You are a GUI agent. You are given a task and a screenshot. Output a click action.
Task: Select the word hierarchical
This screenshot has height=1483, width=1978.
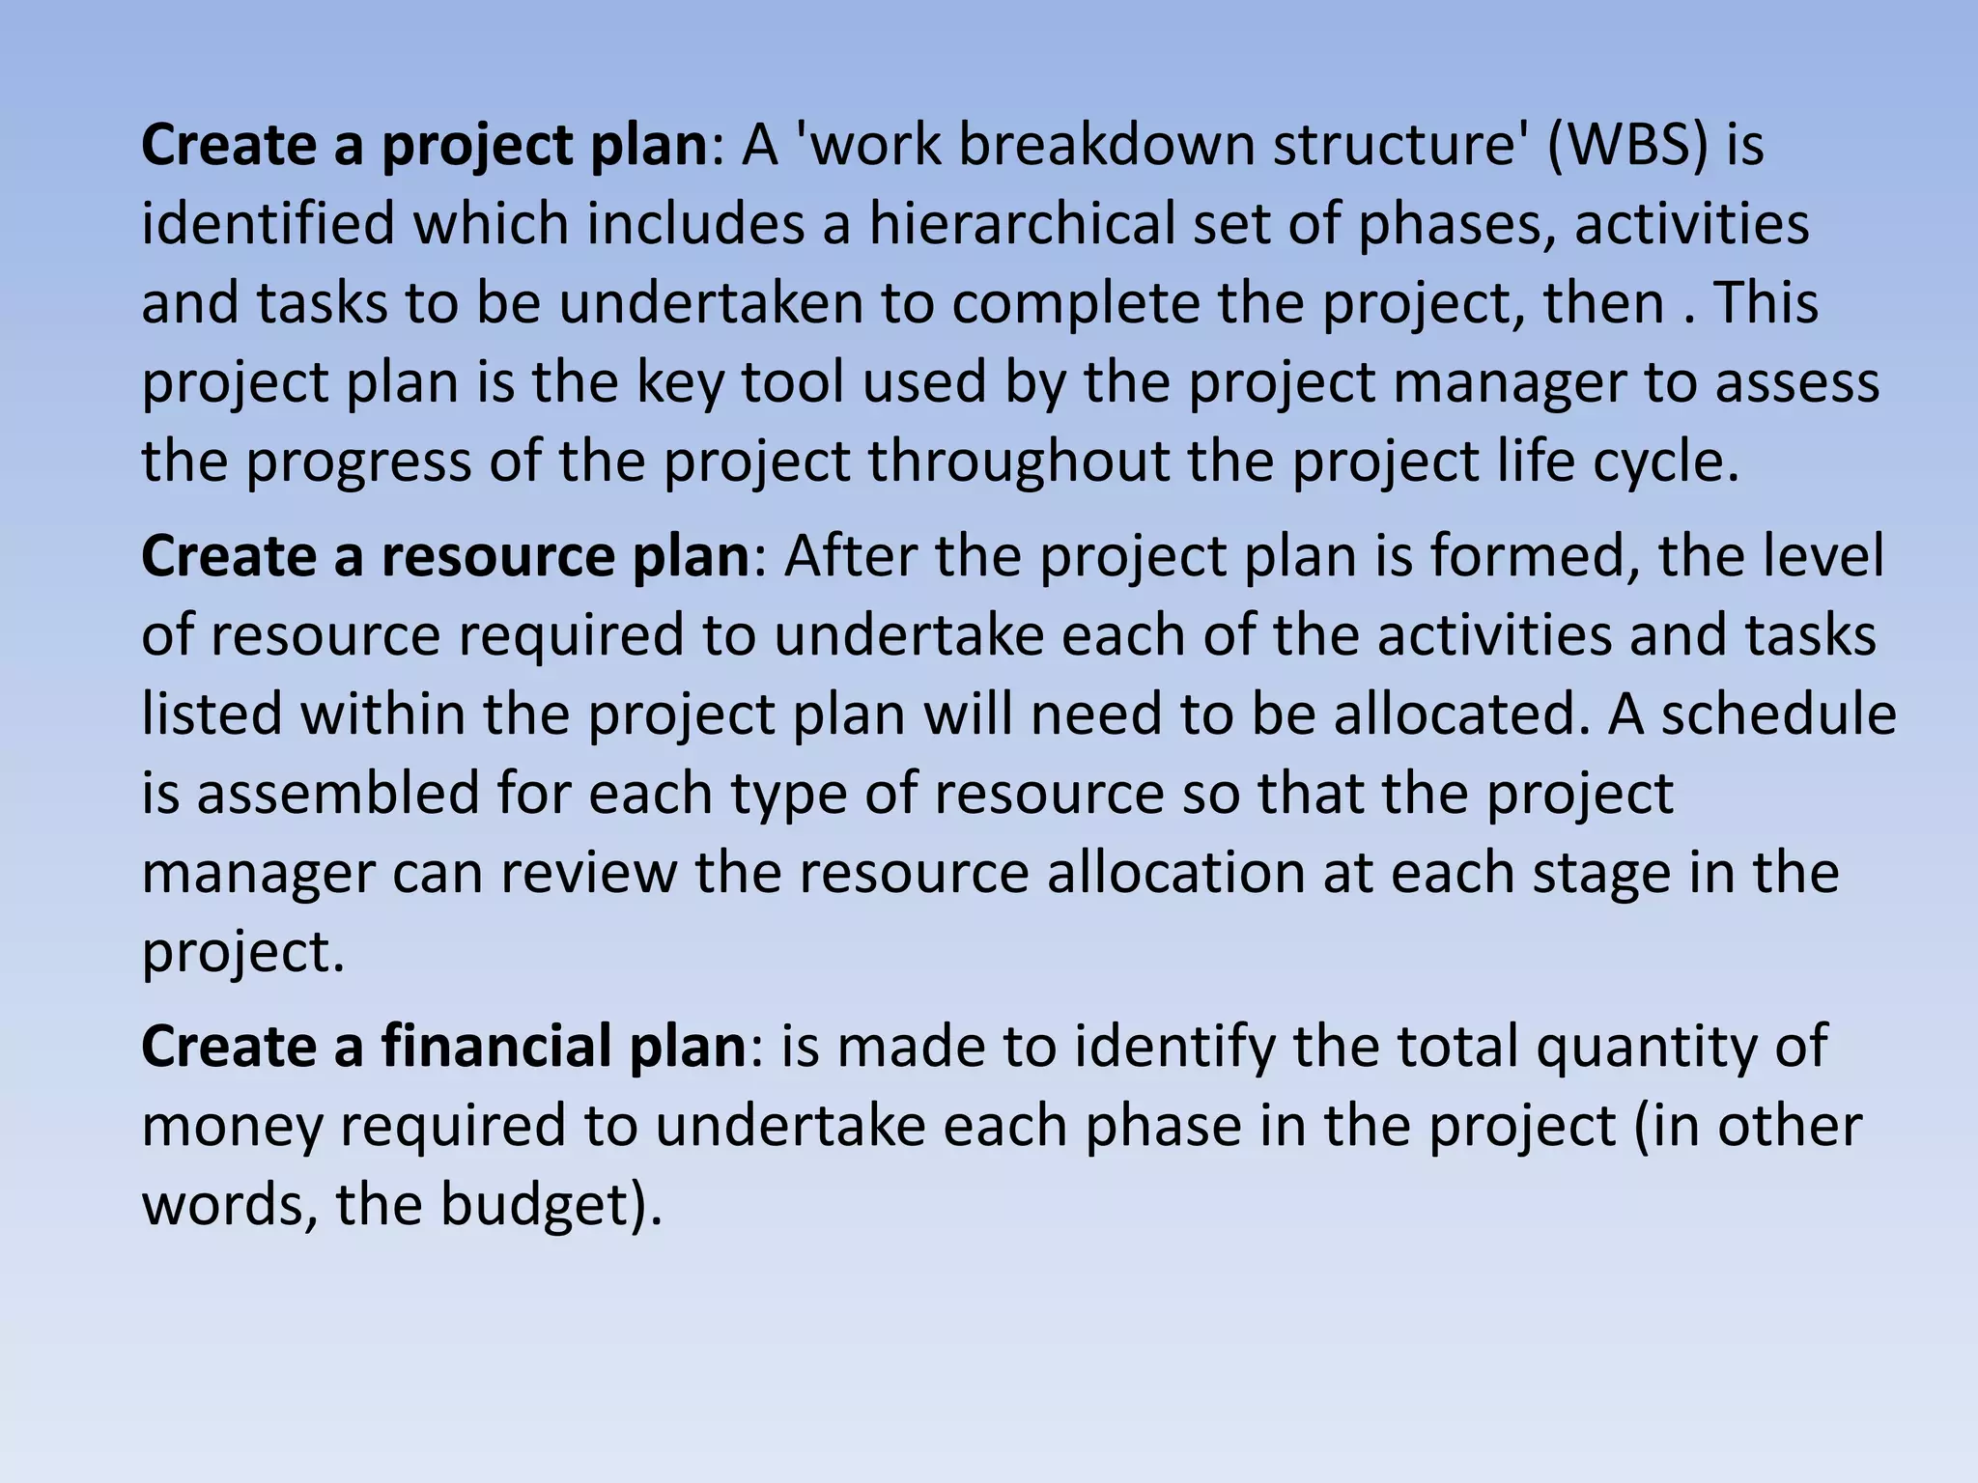click(1021, 225)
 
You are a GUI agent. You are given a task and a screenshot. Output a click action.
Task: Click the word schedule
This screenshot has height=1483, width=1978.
click(1778, 715)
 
